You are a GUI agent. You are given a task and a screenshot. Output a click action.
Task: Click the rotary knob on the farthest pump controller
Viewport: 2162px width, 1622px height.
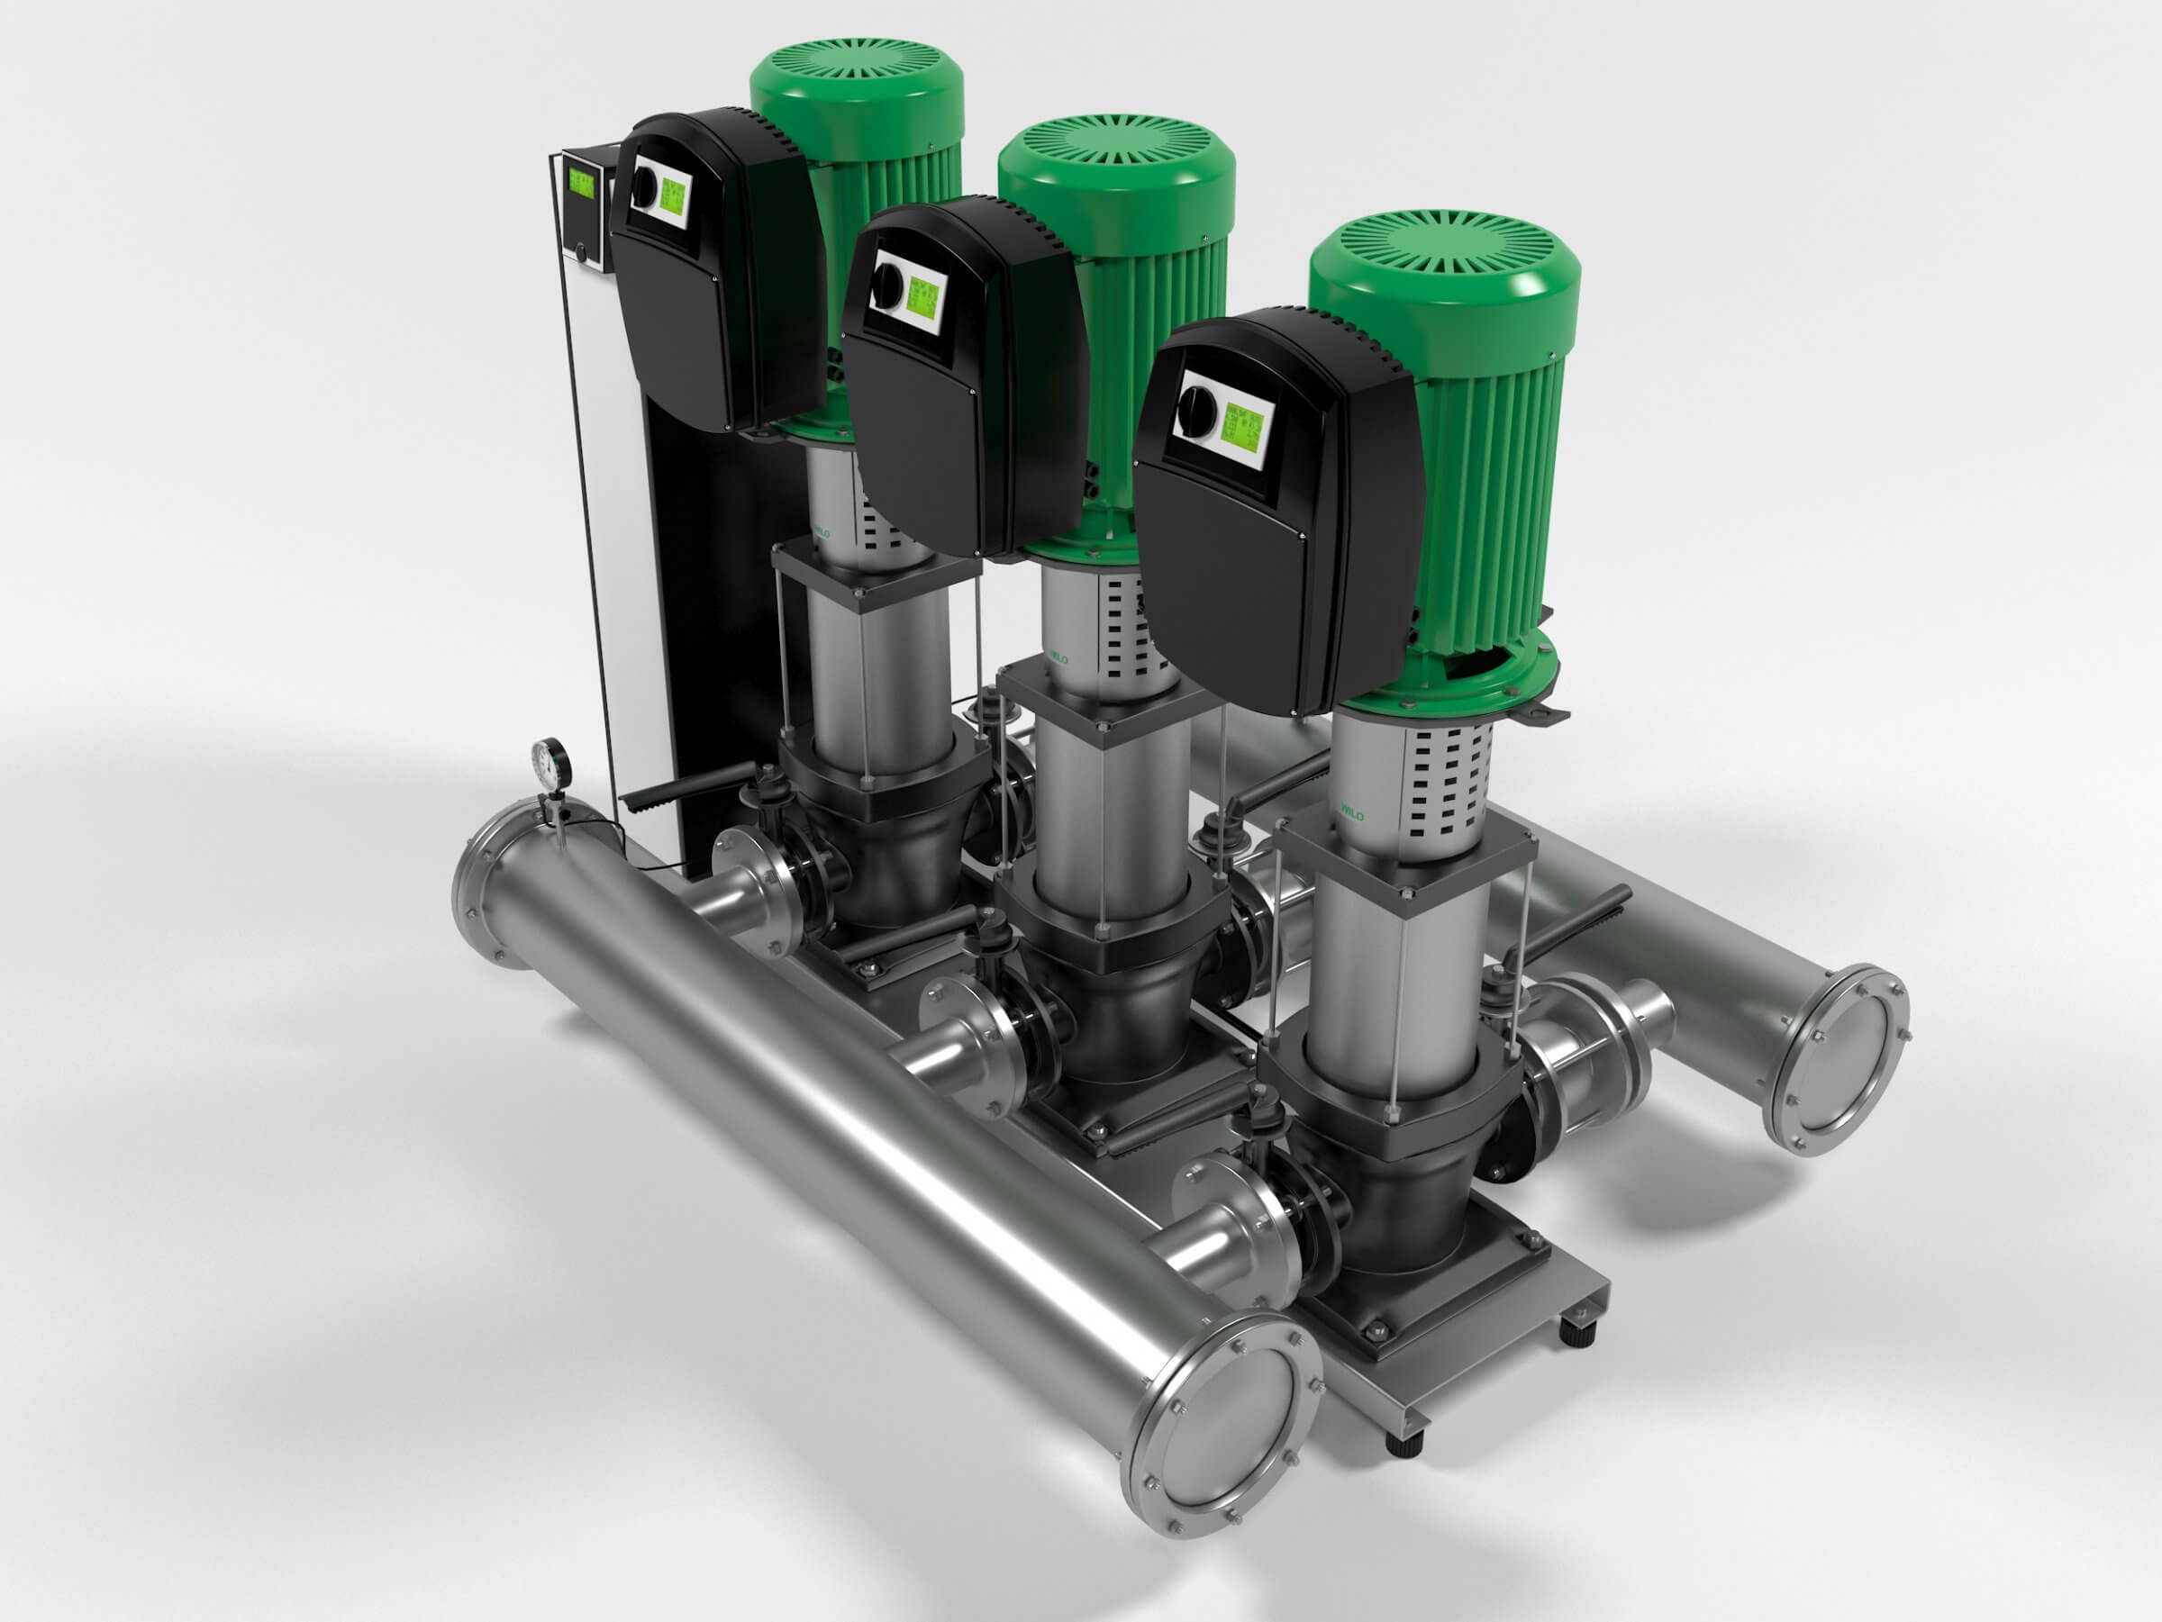click(x=643, y=184)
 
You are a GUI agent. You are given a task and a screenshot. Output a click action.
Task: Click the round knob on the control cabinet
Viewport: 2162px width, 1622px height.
click(x=585, y=252)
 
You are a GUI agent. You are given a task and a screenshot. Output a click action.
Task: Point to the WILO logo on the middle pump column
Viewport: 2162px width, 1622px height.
click(x=1058, y=657)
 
